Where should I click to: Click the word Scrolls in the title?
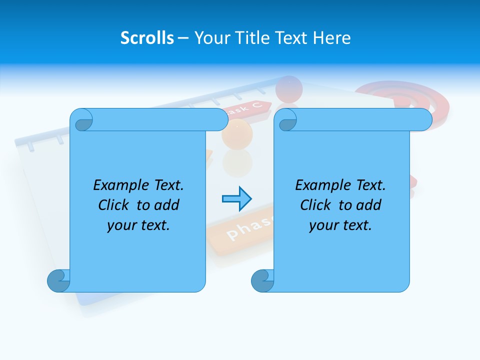tap(147, 38)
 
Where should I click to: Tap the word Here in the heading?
tap(332, 38)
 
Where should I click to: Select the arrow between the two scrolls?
tap(236, 199)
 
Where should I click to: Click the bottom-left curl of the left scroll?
tap(59, 280)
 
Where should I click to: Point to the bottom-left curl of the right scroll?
tap(263, 280)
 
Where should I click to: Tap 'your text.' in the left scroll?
tap(138, 225)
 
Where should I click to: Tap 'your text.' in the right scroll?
tap(340, 225)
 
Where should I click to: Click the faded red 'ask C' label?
tap(248, 107)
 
